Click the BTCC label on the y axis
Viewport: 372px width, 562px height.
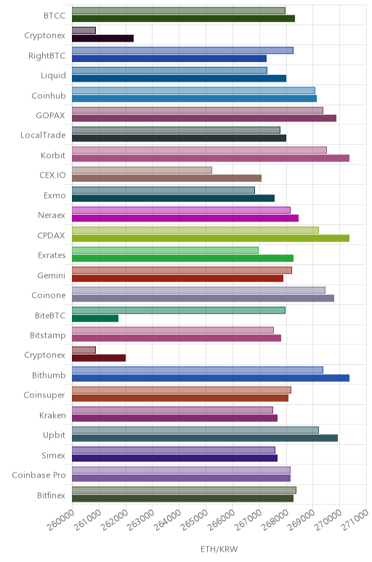54,15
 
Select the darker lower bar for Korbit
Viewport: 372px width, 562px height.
211,158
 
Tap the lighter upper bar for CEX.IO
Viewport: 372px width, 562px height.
142,170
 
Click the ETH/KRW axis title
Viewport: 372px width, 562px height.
219,549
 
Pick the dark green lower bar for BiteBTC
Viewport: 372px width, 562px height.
95,318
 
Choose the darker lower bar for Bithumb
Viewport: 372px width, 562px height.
211,378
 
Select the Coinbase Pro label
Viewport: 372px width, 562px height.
39,475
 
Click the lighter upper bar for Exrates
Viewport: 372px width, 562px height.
165,250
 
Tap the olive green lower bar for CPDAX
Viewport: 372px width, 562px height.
211,238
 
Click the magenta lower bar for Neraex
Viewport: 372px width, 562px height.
185,218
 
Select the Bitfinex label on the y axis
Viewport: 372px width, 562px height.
52,495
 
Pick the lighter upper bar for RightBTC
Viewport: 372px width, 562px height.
183,50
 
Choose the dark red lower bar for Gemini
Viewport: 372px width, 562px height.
178,278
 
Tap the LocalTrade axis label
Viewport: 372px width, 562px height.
44,135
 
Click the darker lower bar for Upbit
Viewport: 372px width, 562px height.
205,438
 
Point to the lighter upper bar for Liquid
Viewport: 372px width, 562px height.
169,70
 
